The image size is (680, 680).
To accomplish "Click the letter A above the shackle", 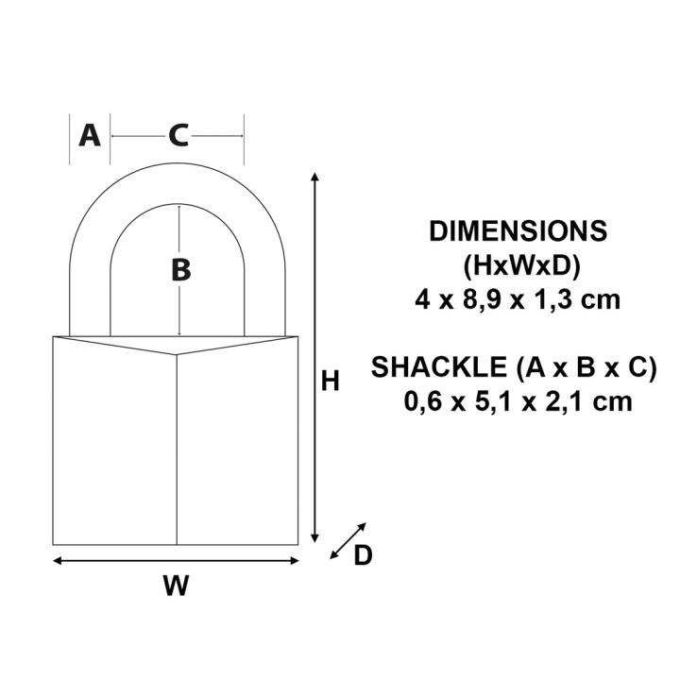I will coord(89,135).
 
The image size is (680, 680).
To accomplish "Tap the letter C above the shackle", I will coord(178,136).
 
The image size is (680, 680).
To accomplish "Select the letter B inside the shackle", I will coord(180,270).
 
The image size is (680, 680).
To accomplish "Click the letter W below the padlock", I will coord(175,586).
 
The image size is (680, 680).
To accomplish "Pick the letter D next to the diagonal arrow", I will coord(363,557).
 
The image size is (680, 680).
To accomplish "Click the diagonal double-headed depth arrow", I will coord(348,540).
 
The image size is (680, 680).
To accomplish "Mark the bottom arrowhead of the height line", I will coord(314,536).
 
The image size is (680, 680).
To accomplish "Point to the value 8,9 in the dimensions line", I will coord(489,300).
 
